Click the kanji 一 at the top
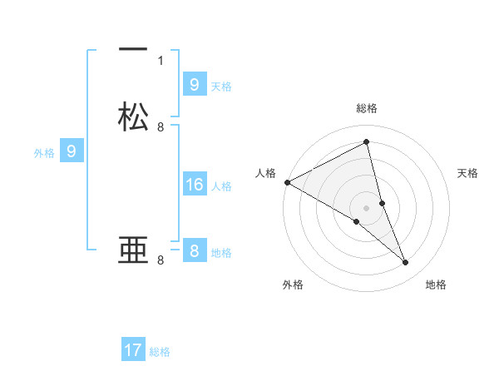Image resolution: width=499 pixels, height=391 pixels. (133, 50)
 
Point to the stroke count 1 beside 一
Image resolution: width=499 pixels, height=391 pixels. (161, 60)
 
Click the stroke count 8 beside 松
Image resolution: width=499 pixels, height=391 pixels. (161, 127)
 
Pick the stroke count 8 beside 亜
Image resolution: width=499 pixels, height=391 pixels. (161, 260)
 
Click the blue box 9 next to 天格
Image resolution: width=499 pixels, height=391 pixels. (194, 84)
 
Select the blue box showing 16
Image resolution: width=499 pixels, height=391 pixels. (194, 185)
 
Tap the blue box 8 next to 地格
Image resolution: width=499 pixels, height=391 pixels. (194, 251)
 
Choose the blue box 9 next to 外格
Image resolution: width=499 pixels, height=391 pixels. (72, 151)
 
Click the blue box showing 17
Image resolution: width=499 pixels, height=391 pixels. (133, 350)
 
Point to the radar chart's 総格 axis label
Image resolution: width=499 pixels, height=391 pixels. (367, 108)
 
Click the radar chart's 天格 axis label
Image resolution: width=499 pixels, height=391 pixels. (468, 173)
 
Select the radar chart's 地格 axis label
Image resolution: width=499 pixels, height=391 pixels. (436, 285)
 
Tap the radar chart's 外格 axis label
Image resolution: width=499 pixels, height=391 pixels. (293, 285)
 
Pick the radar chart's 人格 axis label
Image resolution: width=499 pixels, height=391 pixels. (266, 173)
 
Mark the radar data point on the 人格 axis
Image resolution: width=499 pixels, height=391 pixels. (287, 182)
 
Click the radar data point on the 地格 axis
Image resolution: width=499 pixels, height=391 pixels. (406, 263)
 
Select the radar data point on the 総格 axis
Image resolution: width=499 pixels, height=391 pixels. (367, 143)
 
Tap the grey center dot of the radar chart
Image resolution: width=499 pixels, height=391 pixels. (367, 207)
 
